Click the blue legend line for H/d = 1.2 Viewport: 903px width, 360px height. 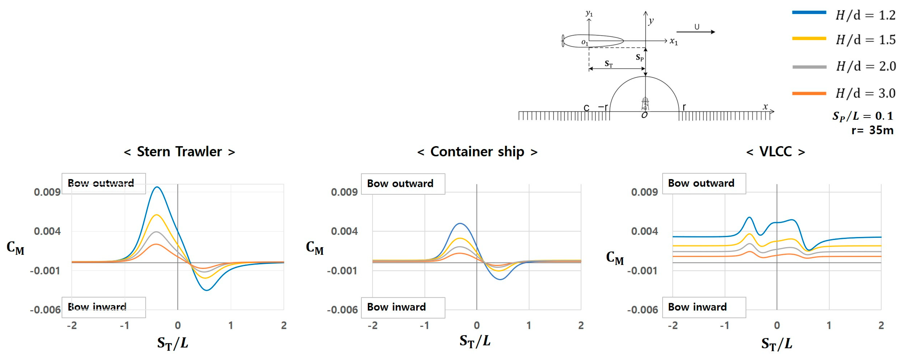coord(809,12)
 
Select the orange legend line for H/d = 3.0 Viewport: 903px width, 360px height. coord(809,93)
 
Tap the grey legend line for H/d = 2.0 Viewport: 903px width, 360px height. coord(809,67)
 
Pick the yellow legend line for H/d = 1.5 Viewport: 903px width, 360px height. coord(809,39)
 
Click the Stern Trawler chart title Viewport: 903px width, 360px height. coord(179,152)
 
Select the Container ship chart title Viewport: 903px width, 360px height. coord(477,152)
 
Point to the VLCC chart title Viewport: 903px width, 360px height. coord(775,152)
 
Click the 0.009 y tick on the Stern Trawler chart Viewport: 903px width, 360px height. coord(47,192)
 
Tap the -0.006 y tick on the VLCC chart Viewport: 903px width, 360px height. coord(642,310)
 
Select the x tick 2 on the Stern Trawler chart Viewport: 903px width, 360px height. coord(284,326)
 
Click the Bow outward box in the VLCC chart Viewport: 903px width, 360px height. coord(704,183)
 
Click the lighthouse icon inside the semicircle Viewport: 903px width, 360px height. coord(645,104)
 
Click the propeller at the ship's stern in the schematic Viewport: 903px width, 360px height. coord(563,41)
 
